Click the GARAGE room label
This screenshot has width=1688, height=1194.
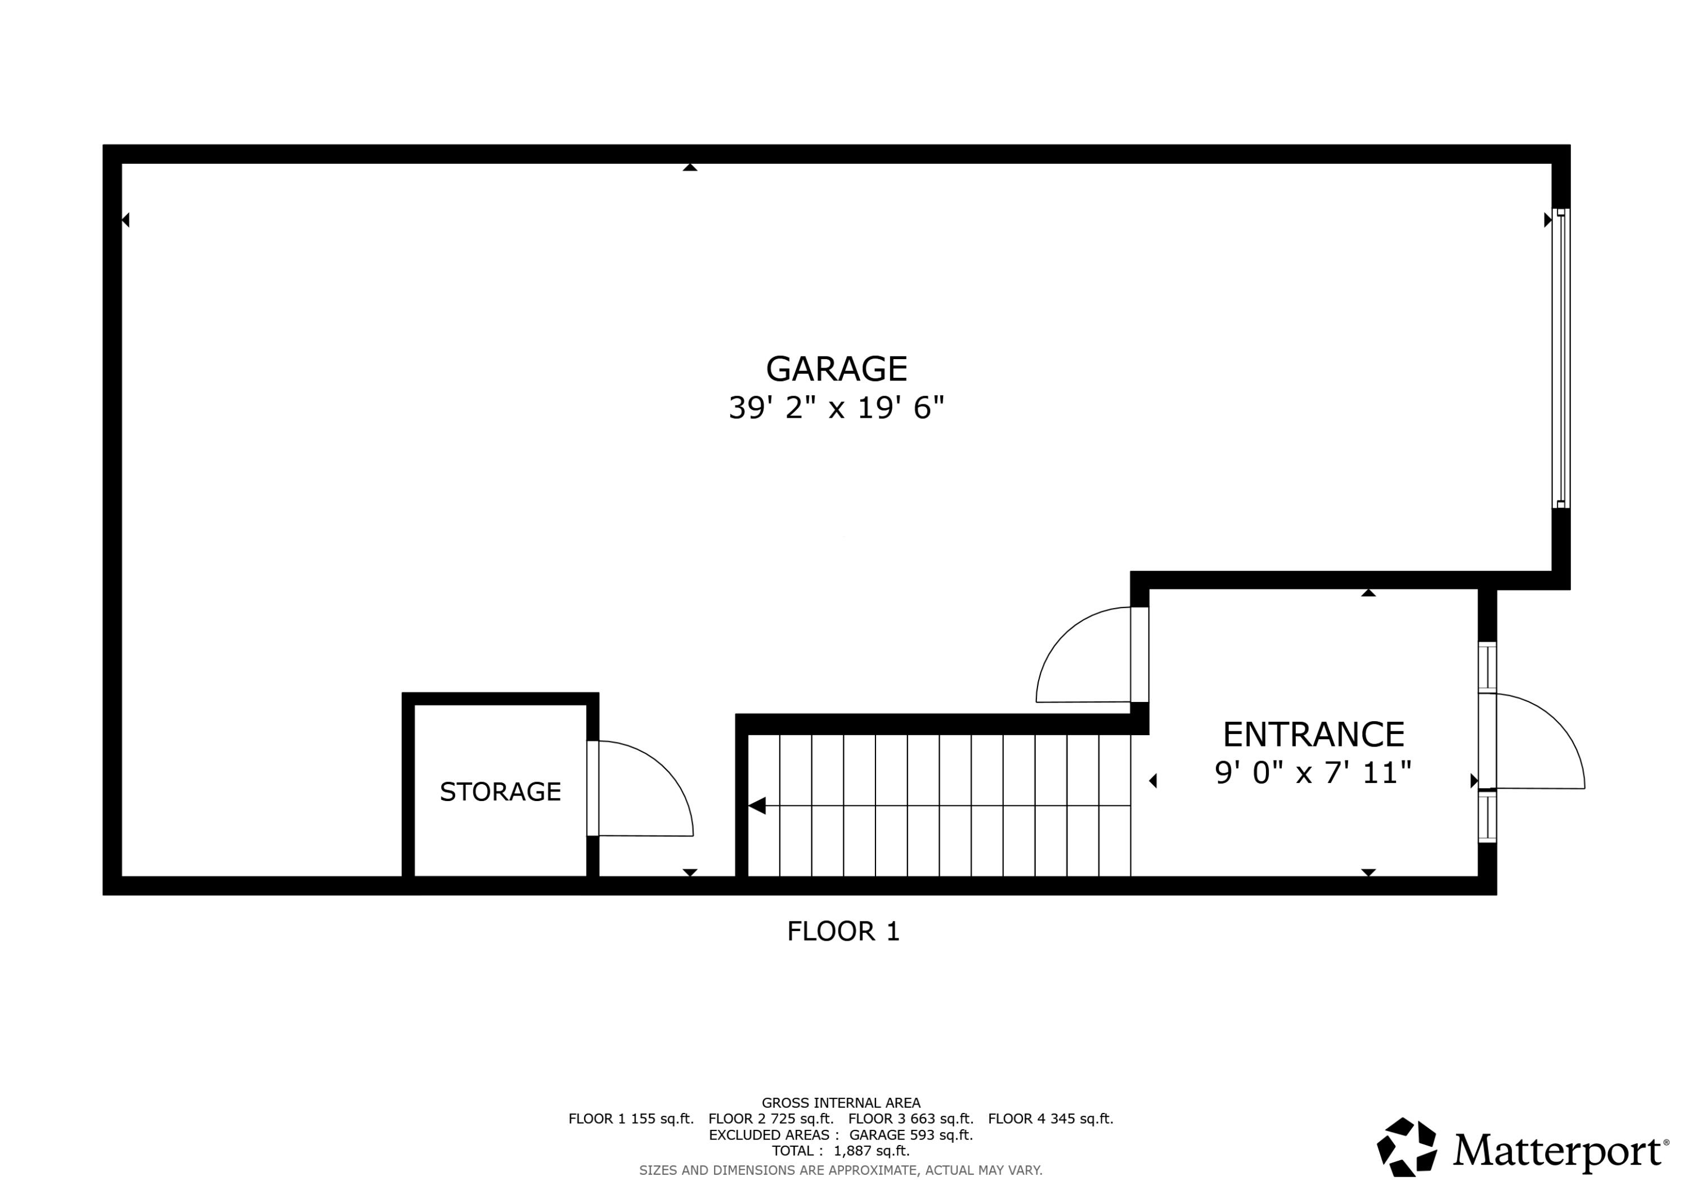click(836, 369)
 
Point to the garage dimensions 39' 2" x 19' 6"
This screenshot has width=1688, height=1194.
click(836, 408)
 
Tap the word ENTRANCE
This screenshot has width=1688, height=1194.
click(1313, 734)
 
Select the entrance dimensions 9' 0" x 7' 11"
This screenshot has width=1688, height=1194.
click(1313, 773)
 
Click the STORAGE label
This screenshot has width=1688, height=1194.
click(500, 791)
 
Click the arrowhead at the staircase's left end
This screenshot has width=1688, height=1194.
click(757, 806)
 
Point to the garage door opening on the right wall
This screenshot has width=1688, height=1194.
click(1560, 358)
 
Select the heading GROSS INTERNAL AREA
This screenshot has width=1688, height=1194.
click(840, 1103)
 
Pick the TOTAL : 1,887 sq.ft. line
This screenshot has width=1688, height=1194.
click(840, 1151)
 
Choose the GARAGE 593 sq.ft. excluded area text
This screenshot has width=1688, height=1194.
click(911, 1135)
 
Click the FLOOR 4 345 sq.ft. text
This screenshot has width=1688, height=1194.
click(1050, 1119)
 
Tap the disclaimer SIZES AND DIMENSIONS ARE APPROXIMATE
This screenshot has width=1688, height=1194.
click(840, 1170)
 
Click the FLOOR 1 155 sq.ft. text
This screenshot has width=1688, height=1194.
click(631, 1119)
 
